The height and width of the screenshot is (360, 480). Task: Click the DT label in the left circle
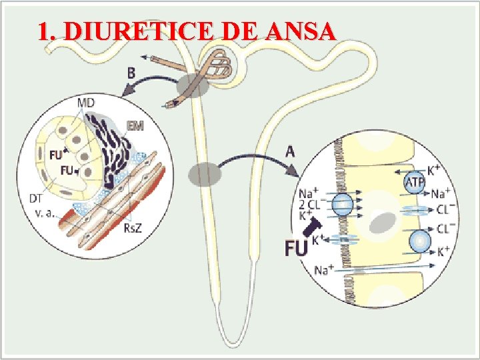(x=38, y=197)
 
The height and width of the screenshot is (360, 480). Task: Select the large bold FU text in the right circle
(x=297, y=248)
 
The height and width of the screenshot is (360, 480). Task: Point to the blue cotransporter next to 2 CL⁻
(x=343, y=204)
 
